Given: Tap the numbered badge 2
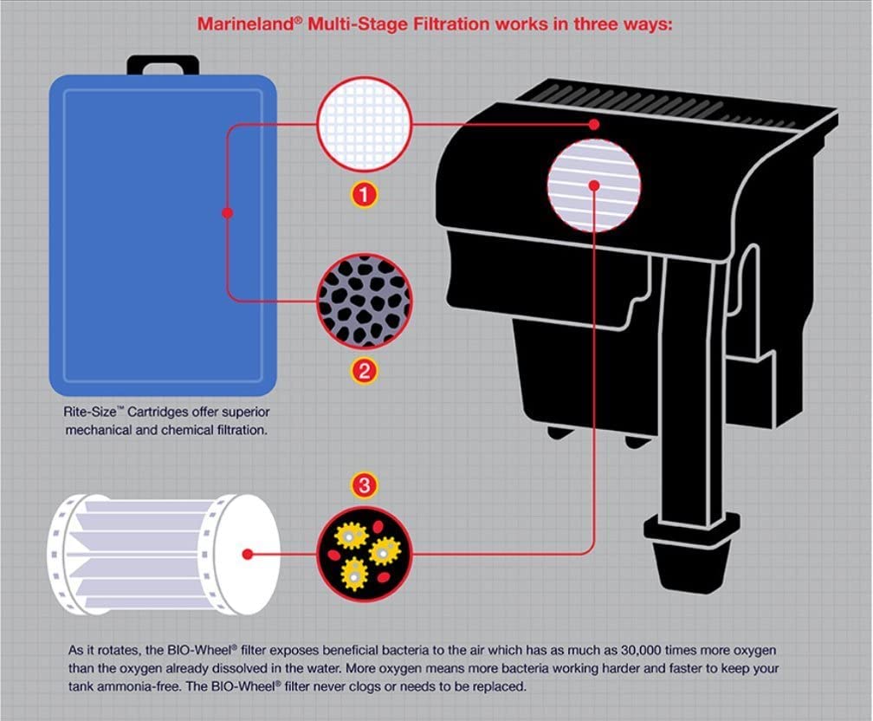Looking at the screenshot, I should (x=365, y=372).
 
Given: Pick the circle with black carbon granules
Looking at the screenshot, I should (x=365, y=301).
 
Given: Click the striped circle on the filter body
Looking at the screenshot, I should (x=594, y=185).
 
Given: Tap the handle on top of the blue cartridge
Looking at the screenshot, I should (x=164, y=66).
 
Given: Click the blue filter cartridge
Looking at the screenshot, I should (x=164, y=234).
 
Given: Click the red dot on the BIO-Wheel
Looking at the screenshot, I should (x=248, y=553).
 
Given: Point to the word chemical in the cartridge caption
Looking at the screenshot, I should (x=191, y=429).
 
